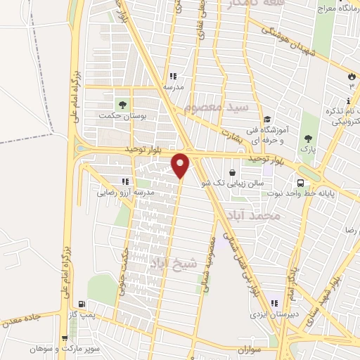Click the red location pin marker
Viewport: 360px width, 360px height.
point(181,165)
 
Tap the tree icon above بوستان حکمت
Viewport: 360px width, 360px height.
point(123,105)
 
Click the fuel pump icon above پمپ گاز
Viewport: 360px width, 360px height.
point(84,305)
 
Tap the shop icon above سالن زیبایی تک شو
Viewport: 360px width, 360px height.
point(232,172)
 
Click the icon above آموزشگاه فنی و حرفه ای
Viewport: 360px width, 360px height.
point(266,120)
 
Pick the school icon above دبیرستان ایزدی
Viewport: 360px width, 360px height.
point(273,304)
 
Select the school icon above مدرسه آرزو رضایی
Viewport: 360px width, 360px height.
point(124,181)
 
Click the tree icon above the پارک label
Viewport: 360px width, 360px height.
point(307,139)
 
